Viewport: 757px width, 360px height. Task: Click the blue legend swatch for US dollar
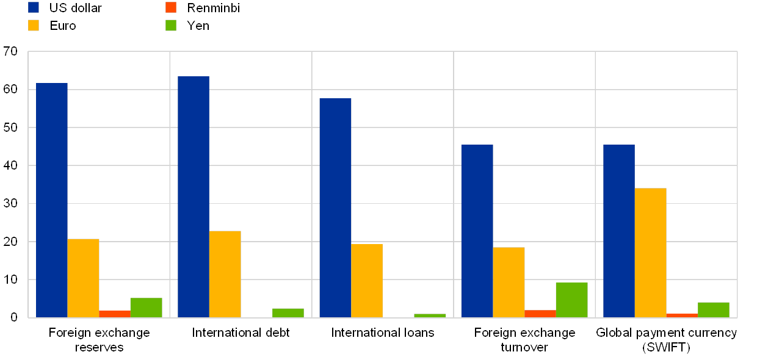[34, 7]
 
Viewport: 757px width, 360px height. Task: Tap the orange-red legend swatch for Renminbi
[171, 7]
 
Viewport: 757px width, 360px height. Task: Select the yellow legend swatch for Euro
[34, 25]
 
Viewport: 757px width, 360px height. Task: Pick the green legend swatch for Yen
[171, 25]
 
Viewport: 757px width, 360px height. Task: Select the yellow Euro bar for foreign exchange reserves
[84, 278]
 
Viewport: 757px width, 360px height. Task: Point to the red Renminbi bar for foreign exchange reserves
[115, 314]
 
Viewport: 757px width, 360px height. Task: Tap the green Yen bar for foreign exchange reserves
[147, 308]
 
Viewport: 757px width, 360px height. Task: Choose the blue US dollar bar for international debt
[194, 196]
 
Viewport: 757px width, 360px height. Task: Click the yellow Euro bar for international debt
[225, 274]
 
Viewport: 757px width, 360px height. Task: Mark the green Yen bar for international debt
[288, 312]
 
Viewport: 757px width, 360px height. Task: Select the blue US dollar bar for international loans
[335, 207]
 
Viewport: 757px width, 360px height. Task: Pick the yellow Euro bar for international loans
[367, 281]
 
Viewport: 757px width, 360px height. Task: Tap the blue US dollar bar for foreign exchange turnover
[477, 231]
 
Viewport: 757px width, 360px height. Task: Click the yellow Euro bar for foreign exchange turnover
[509, 282]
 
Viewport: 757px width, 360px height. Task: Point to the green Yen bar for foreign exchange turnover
[571, 300]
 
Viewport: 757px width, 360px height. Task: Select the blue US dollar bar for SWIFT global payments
[619, 231]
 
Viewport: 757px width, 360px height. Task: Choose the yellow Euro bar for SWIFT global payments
[650, 253]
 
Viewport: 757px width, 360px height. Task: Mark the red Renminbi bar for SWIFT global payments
[682, 315]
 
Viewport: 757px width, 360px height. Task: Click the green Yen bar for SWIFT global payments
[714, 309]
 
